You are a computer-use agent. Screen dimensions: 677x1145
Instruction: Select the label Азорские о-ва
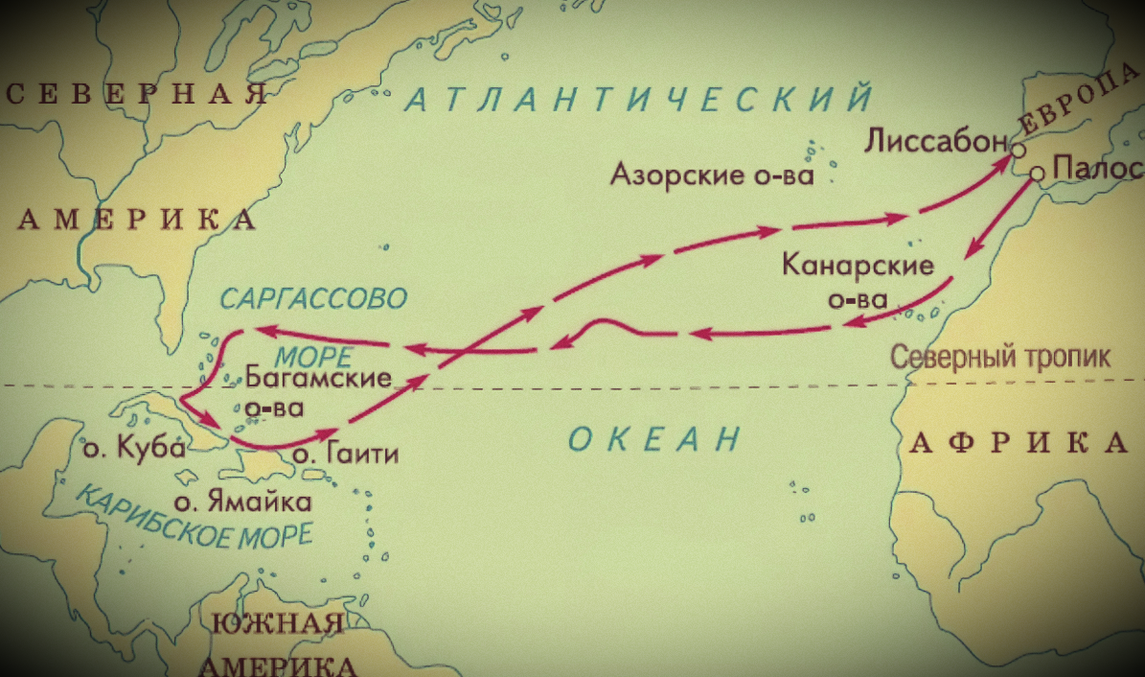pos(712,175)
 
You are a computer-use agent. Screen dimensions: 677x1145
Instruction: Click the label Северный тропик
pos(1000,358)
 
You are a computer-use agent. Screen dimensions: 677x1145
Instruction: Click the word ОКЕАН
pos(654,440)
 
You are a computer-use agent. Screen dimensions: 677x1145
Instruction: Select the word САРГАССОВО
pos(313,298)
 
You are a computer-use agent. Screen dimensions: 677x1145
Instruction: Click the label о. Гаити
pos(345,454)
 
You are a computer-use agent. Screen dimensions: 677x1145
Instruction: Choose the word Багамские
pos(319,377)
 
